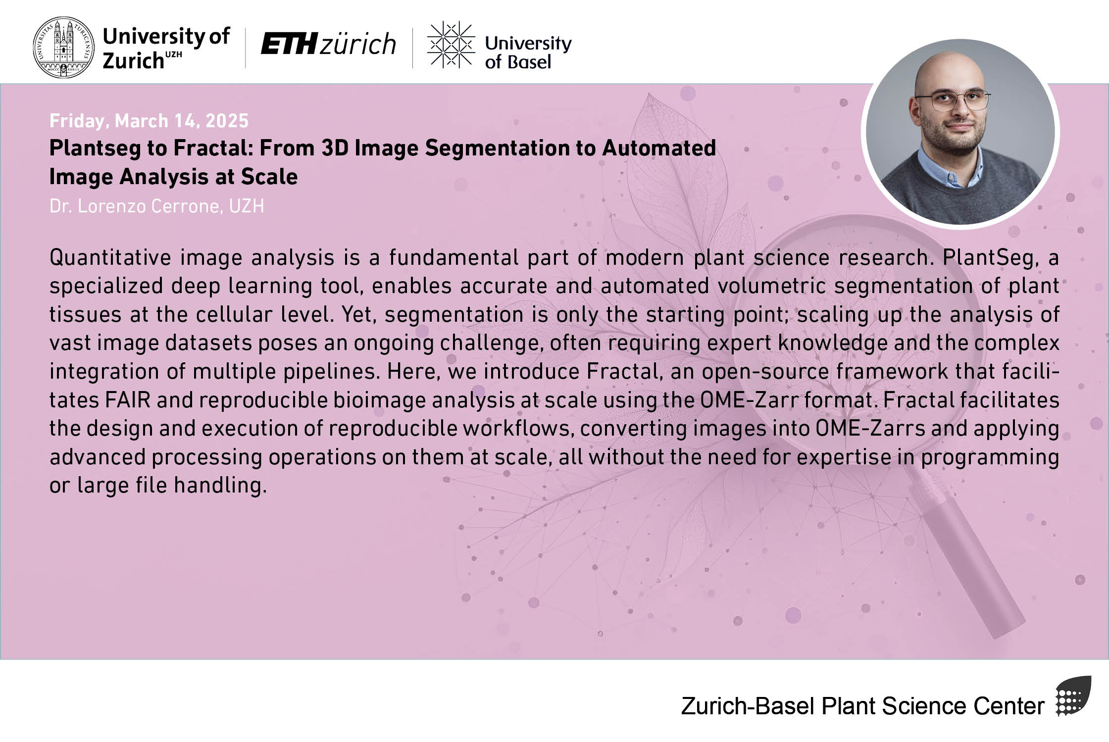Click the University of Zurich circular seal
(x=63, y=48)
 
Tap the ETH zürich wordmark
(x=328, y=44)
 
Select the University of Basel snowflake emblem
(x=451, y=44)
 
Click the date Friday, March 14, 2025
(x=149, y=121)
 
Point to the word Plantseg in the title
(x=95, y=148)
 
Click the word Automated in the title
(x=659, y=148)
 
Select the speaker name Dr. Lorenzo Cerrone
(x=135, y=206)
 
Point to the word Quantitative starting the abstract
(x=110, y=257)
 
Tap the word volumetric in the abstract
(x=772, y=286)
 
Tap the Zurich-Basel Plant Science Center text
(x=862, y=706)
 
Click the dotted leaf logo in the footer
(x=1074, y=696)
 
